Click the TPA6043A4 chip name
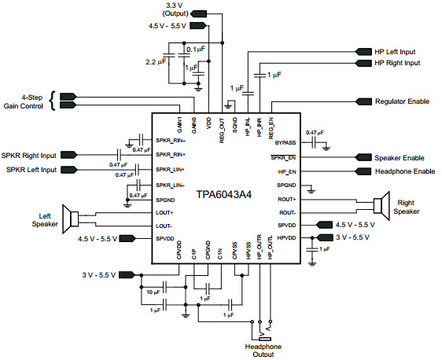[x=224, y=194]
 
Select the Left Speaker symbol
[x=70, y=219]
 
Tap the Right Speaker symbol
[x=381, y=206]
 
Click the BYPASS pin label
[x=285, y=142]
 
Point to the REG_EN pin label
[x=271, y=128]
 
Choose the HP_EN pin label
[x=287, y=171]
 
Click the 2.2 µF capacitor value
[x=156, y=61]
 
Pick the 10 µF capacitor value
[x=153, y=292]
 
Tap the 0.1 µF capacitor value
[x=196, y=50]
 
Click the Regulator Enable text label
[x=402, y=101]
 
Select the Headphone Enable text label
[x=405, y=171]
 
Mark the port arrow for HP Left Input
[x=363, y=52]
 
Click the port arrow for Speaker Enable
[x=363, y=157]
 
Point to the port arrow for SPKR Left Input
[x=68, y=170]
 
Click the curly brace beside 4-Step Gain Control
[x=52, y=101]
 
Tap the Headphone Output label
[x=263, y=351]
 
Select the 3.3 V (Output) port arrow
[x=198, y=13]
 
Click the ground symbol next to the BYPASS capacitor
[x=326, y=149]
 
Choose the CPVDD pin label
[x=179, y=250]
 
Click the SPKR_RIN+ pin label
[x=171, y=155]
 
